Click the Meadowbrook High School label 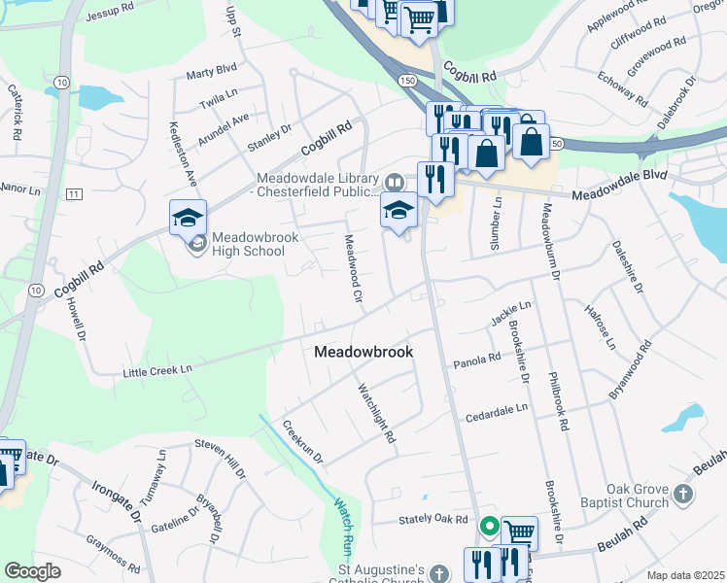(x=248, y=243)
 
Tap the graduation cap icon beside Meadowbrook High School (x=188, y=218)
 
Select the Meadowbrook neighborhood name (x=363, y=352)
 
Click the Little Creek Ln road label (x=157, y=370)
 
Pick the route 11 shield (x=74, y=195)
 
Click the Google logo (x=32, y=570)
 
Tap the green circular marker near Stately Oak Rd (x=490, y=528)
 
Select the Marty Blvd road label (x=212, y=71)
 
